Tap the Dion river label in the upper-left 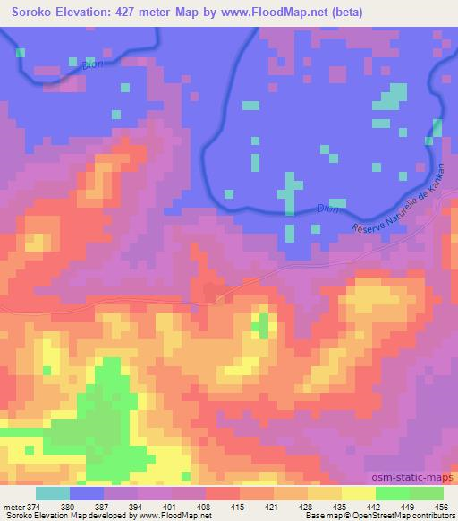coord(81,64)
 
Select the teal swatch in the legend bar coord(53,492)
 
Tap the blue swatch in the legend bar coord(87,492)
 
